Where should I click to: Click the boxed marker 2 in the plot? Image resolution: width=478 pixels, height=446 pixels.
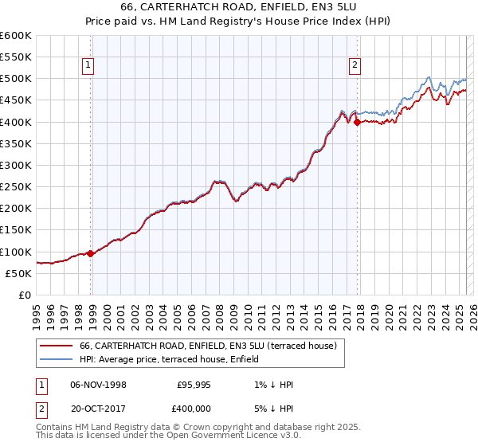tap(354, 66)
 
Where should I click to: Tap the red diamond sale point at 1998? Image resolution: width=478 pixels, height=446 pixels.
tap(91, 254)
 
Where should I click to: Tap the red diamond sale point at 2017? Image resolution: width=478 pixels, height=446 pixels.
tap(357, 122)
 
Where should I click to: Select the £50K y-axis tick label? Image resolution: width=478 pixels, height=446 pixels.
tap(18, 273)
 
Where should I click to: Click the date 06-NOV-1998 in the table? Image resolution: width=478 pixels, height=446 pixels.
tap(98, 385)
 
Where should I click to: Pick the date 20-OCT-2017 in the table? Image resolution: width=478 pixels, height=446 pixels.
tap(98, 407)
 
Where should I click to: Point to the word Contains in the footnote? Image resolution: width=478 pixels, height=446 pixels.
tap(56, 428)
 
